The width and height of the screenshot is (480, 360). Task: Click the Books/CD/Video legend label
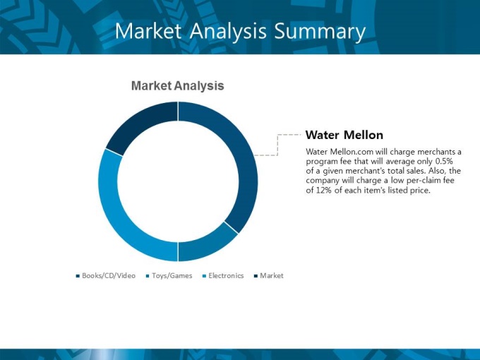[x=109, y=276]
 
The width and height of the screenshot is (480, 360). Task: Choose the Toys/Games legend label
[x=172, y=276]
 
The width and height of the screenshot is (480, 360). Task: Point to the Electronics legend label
[x=226, y=276]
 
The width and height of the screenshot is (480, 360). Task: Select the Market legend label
[x=272, y=276]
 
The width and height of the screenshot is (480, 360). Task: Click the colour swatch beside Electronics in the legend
[x=204, y=276]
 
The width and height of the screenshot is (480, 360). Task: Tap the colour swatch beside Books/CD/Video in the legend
[x=78, y=276]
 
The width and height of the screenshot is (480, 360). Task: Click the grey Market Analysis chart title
[x=178, y=85]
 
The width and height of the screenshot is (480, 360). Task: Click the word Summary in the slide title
[x=320, y=32]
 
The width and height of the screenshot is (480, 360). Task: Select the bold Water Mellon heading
[x=344, y=135]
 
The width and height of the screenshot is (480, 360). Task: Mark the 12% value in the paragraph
[x=323, y=191]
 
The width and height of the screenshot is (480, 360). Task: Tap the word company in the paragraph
[x=320, y=181]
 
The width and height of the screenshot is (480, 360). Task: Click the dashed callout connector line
[x=277, y=145]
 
